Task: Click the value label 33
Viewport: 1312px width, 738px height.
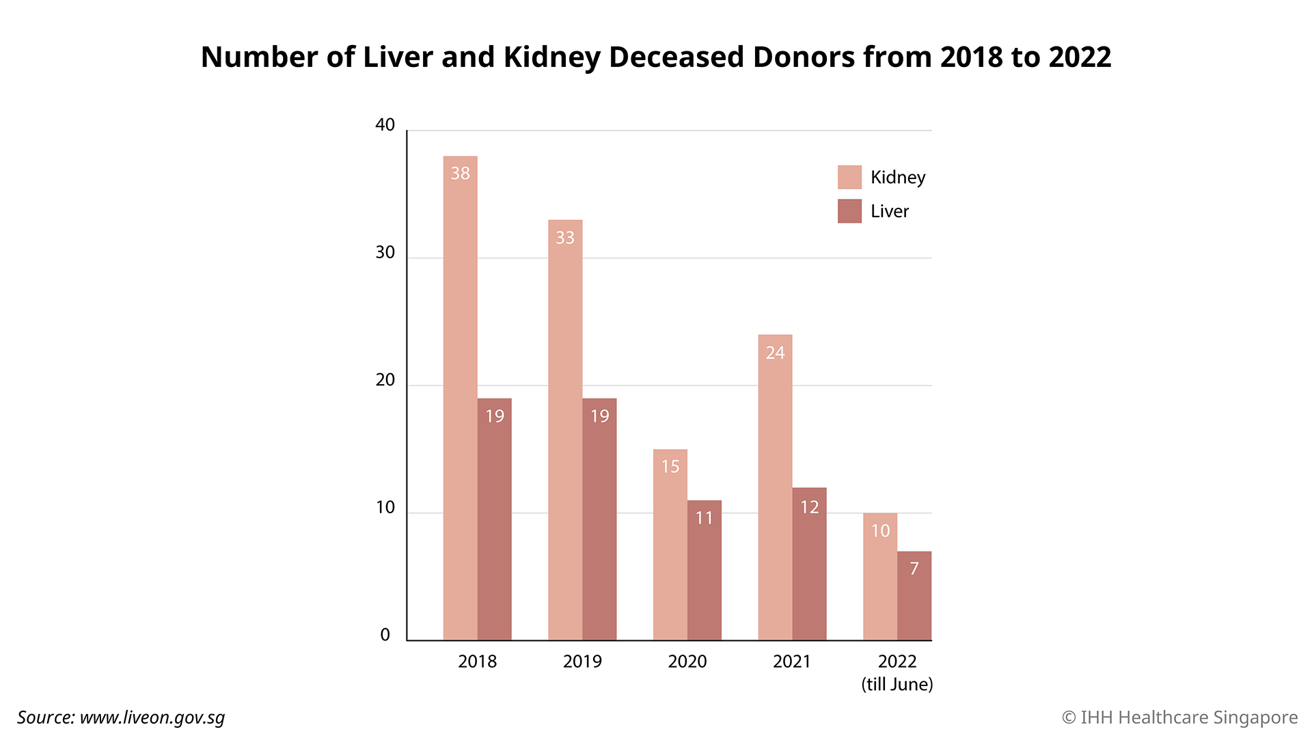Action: click(565, 238)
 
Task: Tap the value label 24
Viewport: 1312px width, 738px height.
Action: click(775, 353)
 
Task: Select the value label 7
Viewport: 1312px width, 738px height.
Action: click(914, 569)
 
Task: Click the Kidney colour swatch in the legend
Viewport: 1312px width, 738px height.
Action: click(849, 177)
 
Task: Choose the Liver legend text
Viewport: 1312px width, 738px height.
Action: click(890, 211)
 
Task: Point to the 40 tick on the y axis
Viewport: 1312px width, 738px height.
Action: click(385, 125)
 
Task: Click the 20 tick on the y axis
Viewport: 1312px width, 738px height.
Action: click(385, 380)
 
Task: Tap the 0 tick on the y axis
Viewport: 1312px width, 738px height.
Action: click(385, 635)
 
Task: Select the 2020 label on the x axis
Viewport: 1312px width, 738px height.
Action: click(687, 661)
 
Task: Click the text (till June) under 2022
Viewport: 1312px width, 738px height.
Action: click(897, 684)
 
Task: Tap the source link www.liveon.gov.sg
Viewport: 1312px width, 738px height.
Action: click(152, 717)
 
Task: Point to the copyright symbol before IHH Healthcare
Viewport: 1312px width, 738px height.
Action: click(1069, 717)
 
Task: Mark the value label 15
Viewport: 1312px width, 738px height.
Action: click(670, 467)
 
